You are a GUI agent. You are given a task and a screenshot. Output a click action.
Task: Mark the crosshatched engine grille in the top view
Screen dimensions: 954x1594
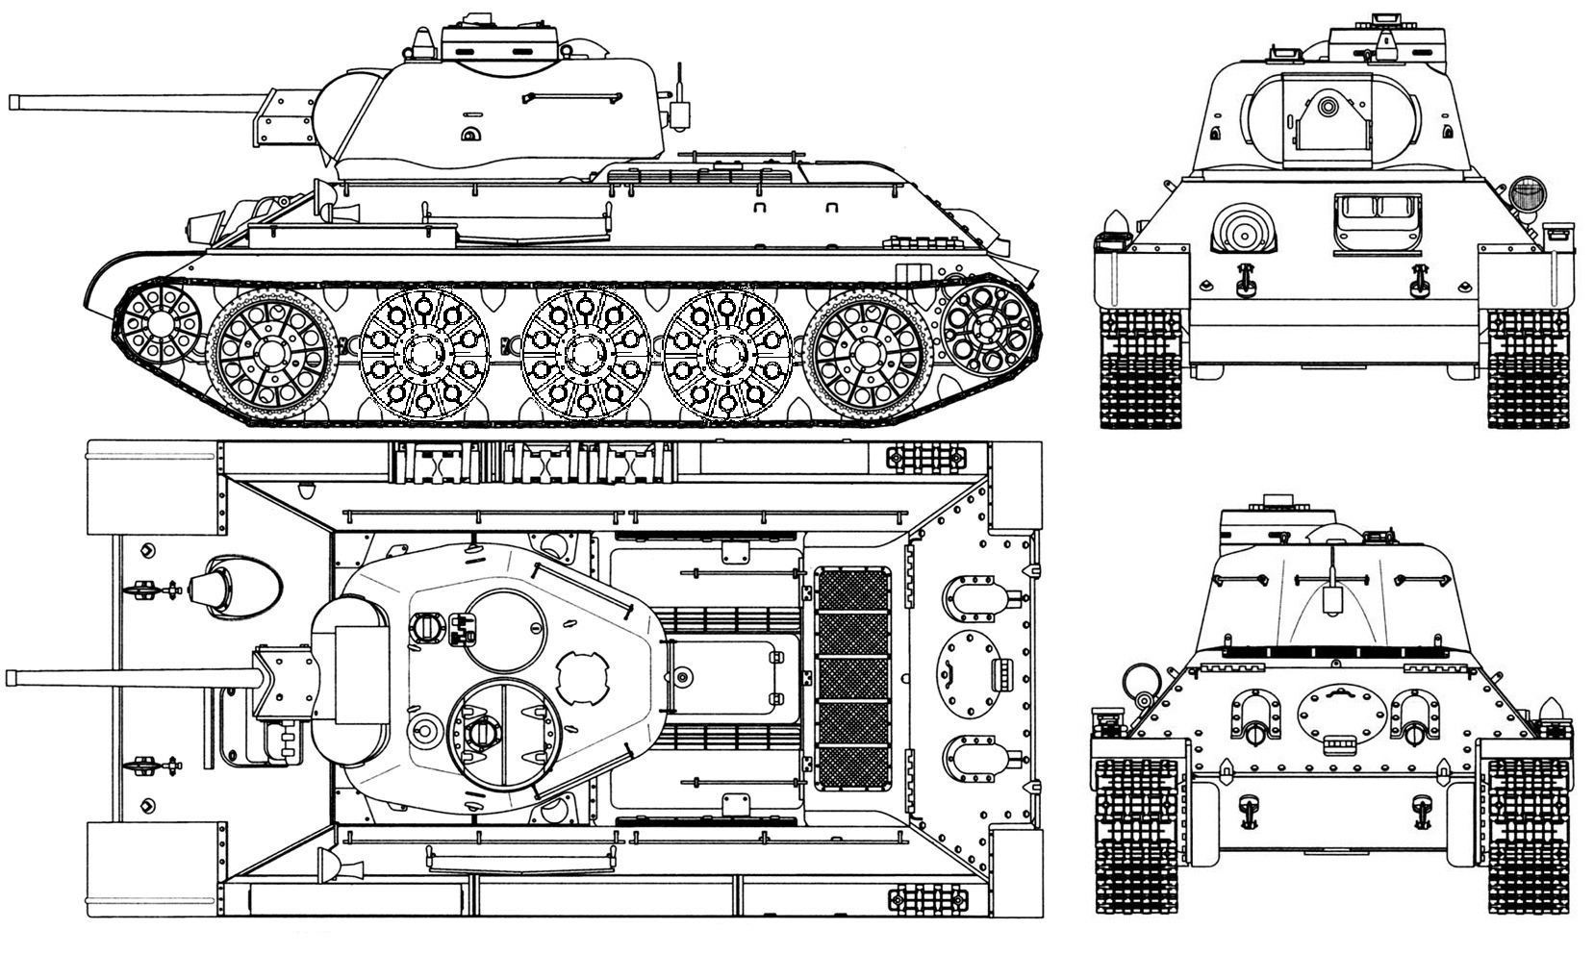point(852,676)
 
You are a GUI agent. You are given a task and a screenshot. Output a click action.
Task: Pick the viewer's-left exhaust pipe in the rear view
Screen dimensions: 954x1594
point(1253,730)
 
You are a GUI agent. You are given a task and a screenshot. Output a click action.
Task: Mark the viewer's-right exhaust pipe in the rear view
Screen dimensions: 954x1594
point(1414,730)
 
